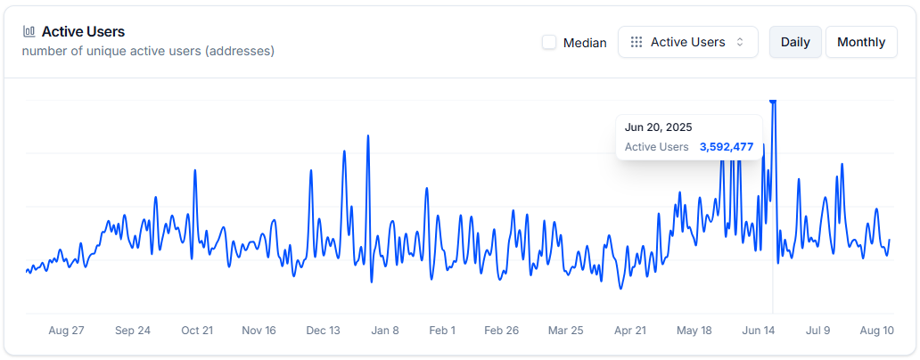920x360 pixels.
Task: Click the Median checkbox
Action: (x=549, y=42)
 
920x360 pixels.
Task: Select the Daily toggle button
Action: (x=795, y=42)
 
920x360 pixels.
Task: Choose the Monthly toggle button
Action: (x=861, y=42)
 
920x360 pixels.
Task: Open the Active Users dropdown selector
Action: (x=687, y=42)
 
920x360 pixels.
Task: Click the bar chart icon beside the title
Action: (x=29, y=31)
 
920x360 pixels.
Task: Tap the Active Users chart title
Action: (x=83, y=31)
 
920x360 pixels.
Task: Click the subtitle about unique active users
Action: (x=148, y=51)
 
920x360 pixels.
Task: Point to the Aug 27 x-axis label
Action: (x=66, y=330)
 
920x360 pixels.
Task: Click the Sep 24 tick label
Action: (x=133, y=330)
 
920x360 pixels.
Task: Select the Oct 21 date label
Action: (x=197, y=330)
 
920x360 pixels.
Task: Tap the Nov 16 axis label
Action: (x=259, y=330)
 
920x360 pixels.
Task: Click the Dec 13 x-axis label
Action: (x=323, y=330)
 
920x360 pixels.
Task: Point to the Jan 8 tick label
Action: (x=385, y=330)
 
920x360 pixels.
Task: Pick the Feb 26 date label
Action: (x=501, y=330)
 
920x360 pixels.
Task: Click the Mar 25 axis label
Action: (x=565, y=330)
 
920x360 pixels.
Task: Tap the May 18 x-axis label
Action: (x=694, y=330)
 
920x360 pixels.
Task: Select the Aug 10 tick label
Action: (x=876, y=330)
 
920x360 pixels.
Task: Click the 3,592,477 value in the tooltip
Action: (x=727, y=146)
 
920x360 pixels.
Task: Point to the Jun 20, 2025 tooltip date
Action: (x=658, y=127)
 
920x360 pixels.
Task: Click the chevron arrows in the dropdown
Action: (x=740, y=42)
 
